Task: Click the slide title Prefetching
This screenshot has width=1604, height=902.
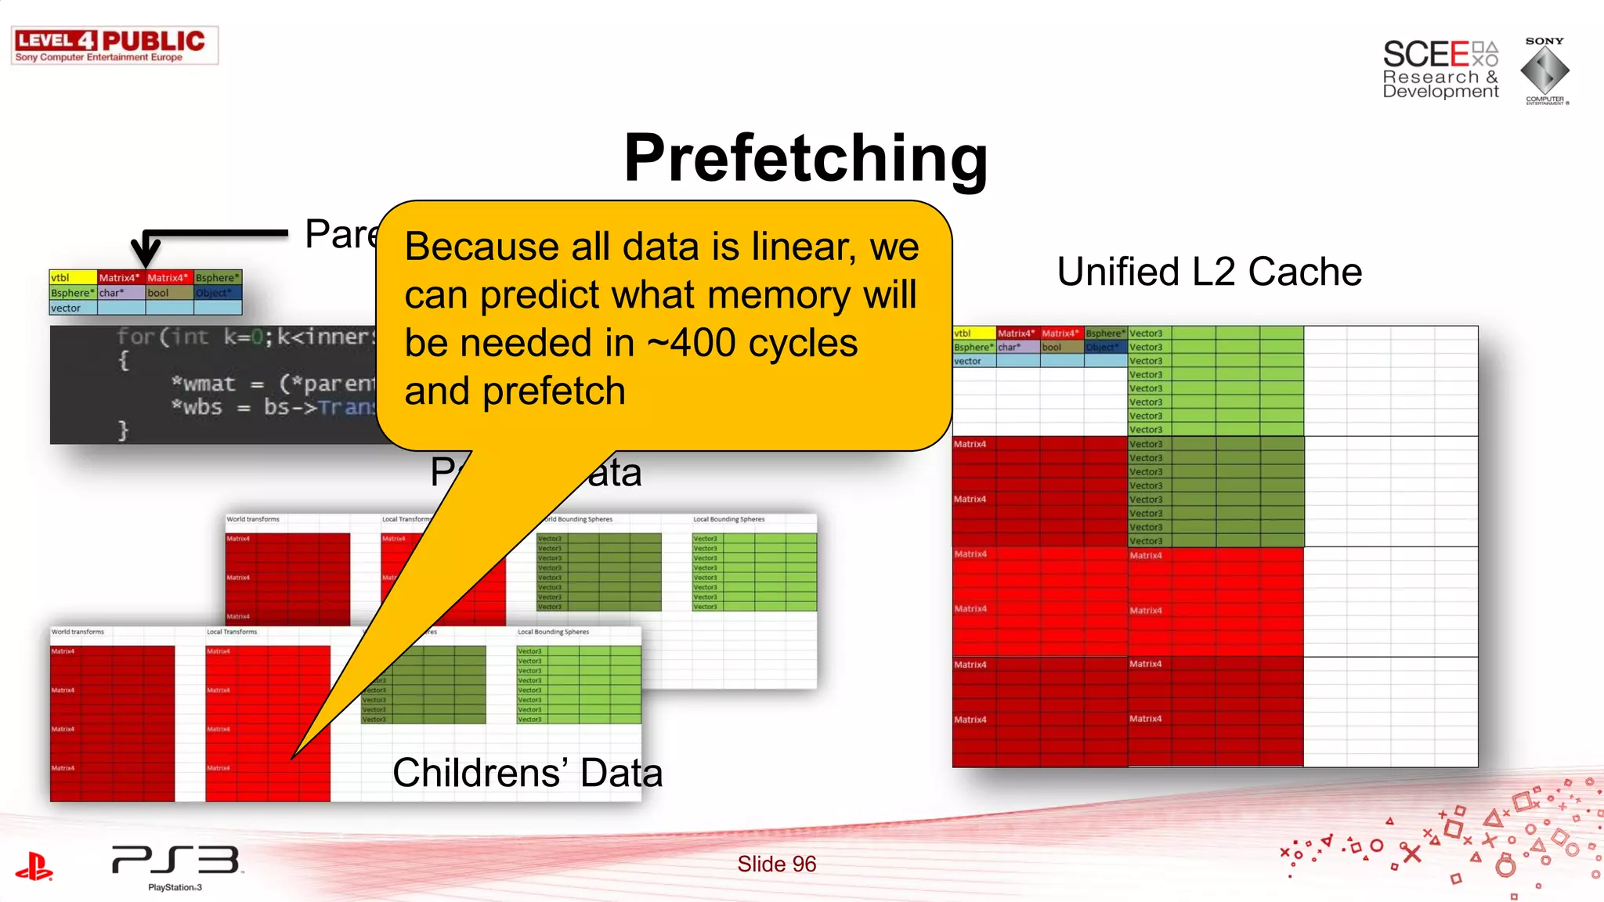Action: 805,158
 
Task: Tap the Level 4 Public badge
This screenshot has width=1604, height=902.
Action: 114,45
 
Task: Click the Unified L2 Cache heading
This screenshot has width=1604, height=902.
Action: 1209,272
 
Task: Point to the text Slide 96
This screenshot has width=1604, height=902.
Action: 776,864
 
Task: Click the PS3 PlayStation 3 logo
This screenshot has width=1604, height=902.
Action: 175,866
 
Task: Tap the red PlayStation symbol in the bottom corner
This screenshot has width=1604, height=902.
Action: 34,866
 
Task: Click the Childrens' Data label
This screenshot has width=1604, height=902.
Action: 527,773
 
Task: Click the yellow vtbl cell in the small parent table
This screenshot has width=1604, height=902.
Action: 72,277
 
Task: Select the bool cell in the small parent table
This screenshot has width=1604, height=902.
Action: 168,293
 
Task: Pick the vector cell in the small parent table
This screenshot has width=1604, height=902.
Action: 72,308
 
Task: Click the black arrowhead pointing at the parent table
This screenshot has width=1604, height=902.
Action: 146,254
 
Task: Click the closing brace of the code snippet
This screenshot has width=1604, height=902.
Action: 123,430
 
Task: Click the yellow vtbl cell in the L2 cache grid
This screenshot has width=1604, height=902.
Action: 974,333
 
